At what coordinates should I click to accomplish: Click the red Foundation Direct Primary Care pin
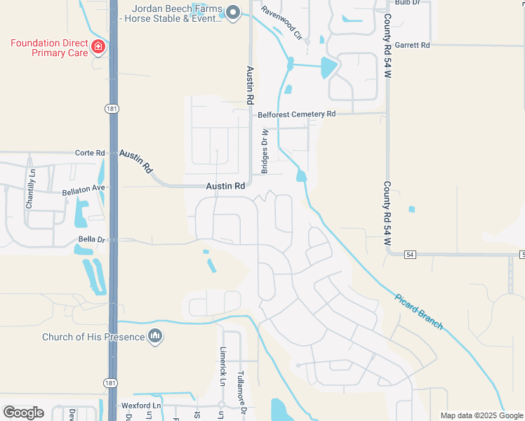point(98,47)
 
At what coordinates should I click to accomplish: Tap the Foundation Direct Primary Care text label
point(49,48)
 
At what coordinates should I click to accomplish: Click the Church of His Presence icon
point(155,338)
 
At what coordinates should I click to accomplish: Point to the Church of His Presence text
point(93,338)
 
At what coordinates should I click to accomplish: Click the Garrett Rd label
point(412,45)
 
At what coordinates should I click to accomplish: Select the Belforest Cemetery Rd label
point(297,114)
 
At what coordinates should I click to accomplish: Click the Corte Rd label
point(90,152)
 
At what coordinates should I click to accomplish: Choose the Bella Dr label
point(91,239)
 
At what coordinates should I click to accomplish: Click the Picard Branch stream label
point(418,311)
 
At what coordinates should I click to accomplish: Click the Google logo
point(23,413)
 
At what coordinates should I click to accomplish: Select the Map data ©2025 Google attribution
point(481,415)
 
